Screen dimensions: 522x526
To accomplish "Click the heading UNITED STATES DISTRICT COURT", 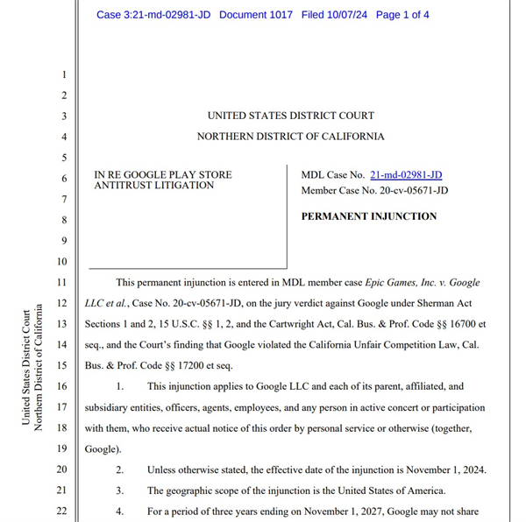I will click(290, 116).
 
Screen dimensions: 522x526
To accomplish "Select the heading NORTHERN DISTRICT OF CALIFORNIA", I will click(290, 137).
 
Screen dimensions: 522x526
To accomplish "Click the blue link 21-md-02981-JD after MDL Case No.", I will click(406, 175).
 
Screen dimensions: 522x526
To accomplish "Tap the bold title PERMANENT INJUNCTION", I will click(368, 216).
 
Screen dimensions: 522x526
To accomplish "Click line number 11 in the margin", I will click(60, 284).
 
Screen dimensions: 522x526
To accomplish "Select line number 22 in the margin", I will click(60, 511).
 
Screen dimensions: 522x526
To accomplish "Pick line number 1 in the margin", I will click(63, 74).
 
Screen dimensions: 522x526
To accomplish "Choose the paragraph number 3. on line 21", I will click(120, 490).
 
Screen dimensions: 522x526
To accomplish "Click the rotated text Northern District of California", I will click(39, 367).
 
